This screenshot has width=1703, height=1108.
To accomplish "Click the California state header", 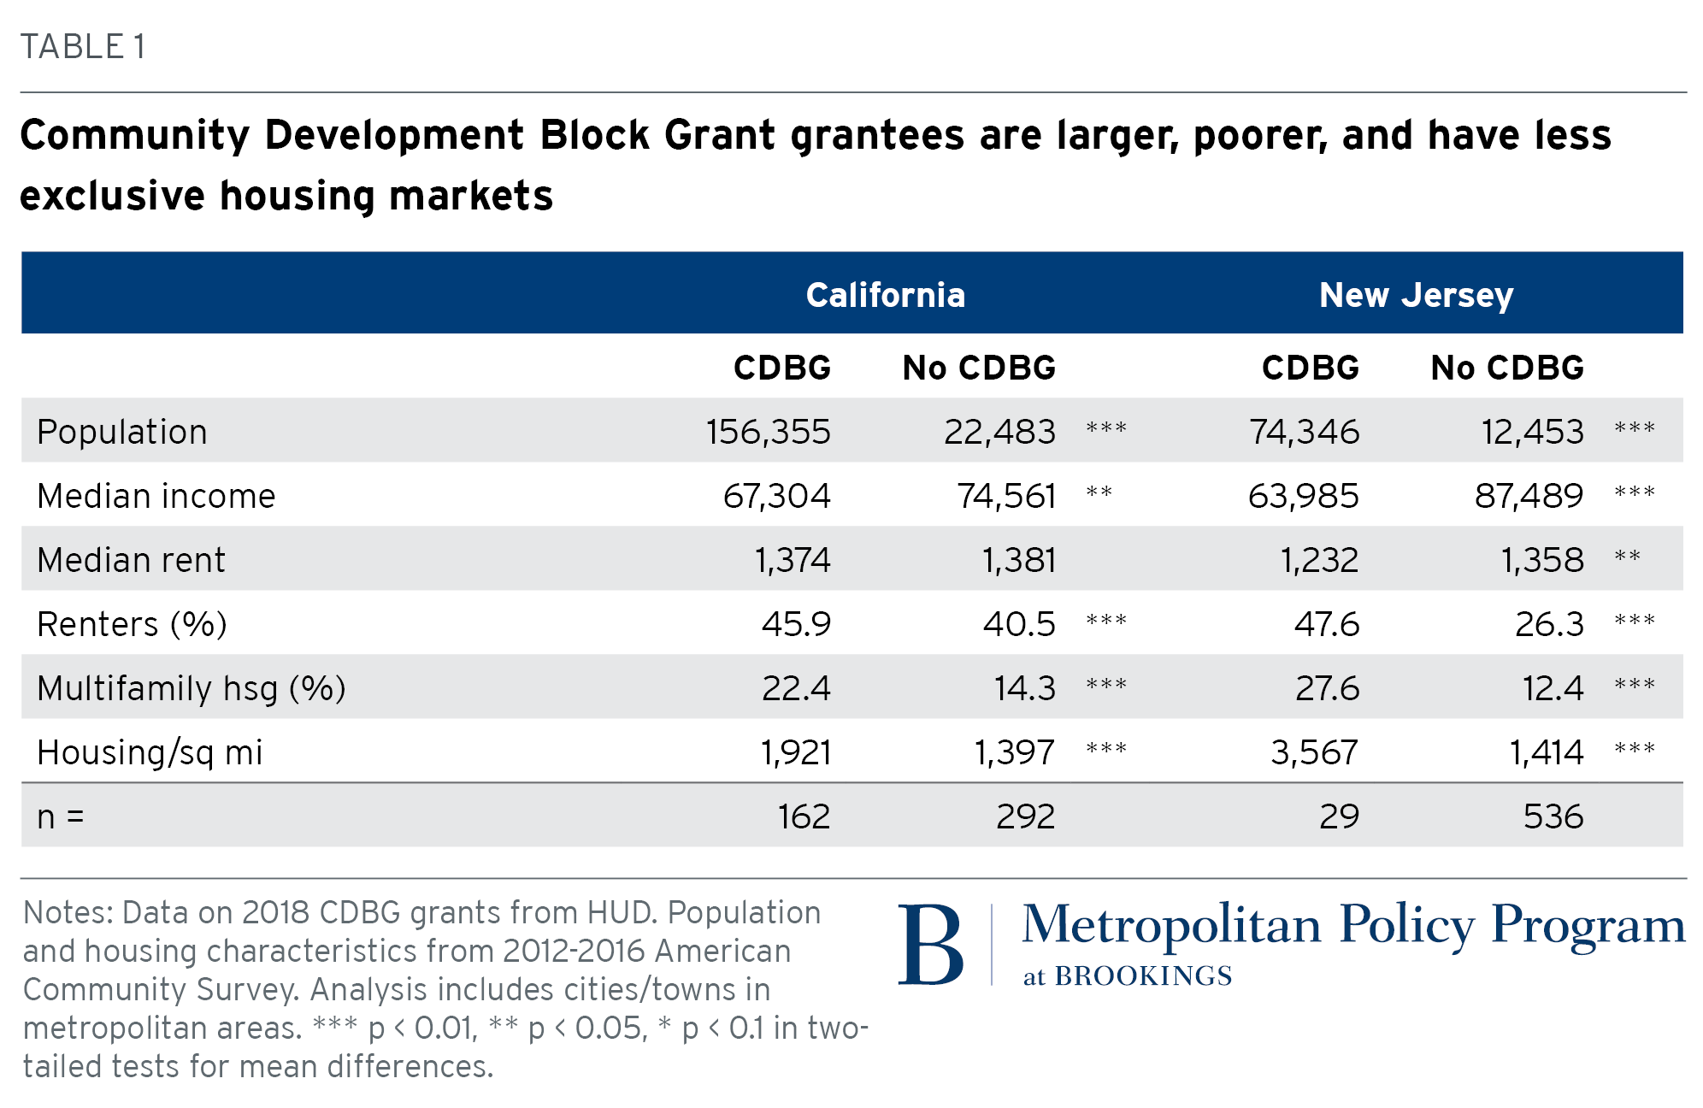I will point(885,295).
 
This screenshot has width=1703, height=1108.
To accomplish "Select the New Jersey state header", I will point(1416,295).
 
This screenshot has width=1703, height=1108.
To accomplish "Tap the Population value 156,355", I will point(768,432).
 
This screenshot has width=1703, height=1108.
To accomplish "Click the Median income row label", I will point(156,496).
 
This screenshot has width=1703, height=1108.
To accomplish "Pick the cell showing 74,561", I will point(1006,496).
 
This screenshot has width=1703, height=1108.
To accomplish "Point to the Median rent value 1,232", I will point(1319,560).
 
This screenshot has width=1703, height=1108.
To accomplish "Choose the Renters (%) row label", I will point(132,624).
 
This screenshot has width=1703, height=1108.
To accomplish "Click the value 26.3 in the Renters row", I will point(1549,624).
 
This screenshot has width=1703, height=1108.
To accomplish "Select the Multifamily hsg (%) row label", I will point(191,688).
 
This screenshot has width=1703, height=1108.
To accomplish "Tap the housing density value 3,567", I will point(1314,752).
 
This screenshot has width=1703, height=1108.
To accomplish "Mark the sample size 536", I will point(1553,816).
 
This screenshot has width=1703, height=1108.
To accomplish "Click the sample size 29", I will point(1339,816).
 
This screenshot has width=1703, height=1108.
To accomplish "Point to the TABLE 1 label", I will point(83,46).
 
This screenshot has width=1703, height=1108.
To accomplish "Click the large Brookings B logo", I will point(931,945).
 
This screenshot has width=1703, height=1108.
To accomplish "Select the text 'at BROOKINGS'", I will point(1128,976).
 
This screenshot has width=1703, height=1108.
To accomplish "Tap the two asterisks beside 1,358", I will point(1627,557).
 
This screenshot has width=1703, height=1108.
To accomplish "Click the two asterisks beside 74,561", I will point(1099,492).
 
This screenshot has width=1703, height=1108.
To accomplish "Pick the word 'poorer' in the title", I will point(1260,136).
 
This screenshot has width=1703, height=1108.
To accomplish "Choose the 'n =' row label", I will point(60,817).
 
